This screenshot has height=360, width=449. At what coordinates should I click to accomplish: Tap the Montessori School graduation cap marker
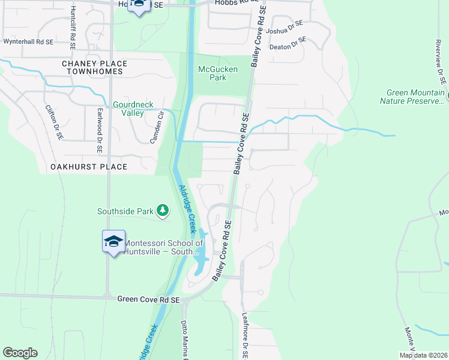[113, 241]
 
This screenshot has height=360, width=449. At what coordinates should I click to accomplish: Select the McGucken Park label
[218, 73]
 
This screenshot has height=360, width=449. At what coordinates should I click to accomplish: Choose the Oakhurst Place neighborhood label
[89, 167]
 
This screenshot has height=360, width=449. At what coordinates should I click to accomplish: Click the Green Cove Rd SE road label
[148, 299]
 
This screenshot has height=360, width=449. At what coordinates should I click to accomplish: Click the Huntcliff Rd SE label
[73, 24]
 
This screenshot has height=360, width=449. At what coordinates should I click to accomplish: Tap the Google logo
[20, 353]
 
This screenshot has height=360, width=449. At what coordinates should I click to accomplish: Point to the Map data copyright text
[423, 355]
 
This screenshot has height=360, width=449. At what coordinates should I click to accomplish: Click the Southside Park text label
[125, 211]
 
